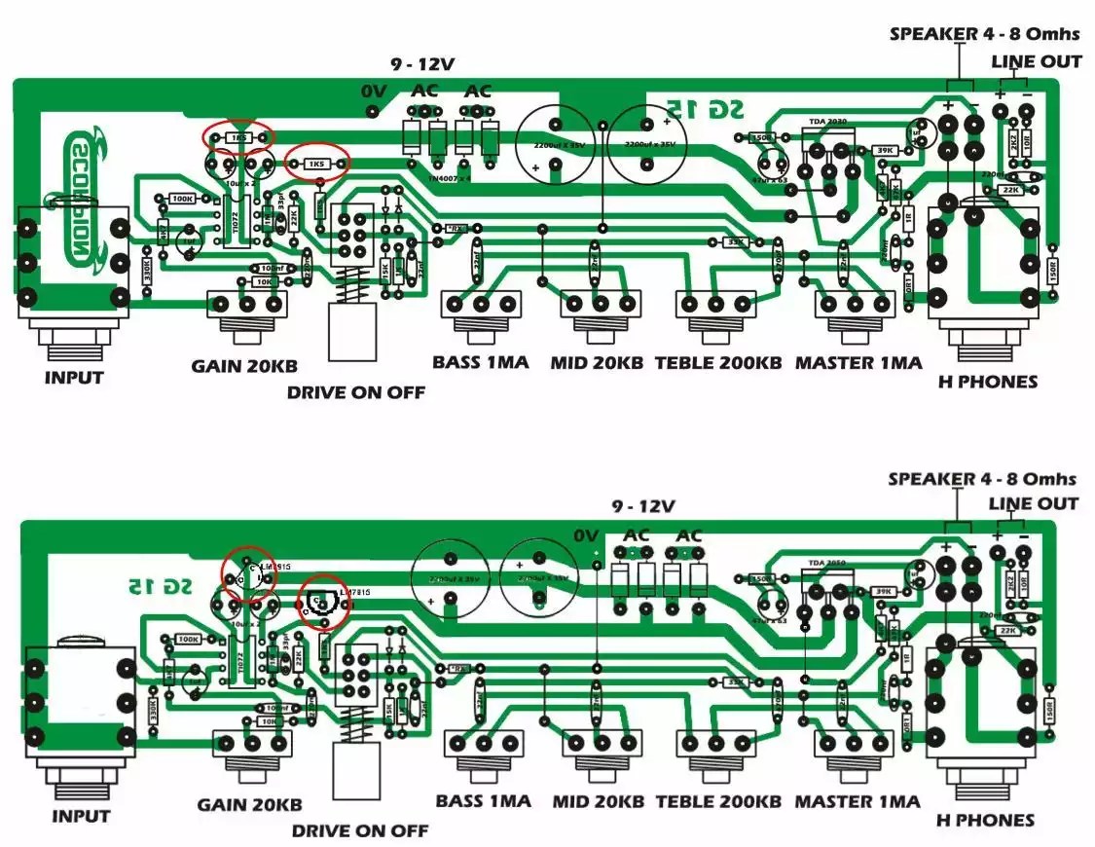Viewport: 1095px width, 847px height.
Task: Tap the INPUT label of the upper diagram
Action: tap(73, 378)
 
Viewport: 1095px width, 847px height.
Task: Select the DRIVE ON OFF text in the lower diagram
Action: tap(359, 830)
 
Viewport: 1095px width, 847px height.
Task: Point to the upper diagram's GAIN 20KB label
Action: tap(243, 366)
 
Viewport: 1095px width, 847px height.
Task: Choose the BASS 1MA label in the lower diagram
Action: tap(483, 801)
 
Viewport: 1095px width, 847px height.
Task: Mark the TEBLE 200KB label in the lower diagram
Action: tap(718, 802)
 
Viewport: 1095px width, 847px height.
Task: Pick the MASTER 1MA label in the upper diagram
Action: tap(858, 363)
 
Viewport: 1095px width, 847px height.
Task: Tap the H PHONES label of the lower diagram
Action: tap(985, 820)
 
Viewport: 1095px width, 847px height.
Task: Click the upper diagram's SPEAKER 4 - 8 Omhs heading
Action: tap(984, 34)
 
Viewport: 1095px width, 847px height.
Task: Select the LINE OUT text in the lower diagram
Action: tap(1033, 503)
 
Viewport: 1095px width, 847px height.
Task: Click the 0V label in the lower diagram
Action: tap(586, 535)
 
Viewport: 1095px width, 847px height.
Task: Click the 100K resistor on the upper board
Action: tap(181, 199)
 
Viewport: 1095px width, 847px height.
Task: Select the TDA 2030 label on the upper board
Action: tap(827, 123)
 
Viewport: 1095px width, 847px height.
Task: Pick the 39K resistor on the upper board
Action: tap(884, 151)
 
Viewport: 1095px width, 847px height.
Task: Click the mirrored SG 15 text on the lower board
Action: tap(155, 585)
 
